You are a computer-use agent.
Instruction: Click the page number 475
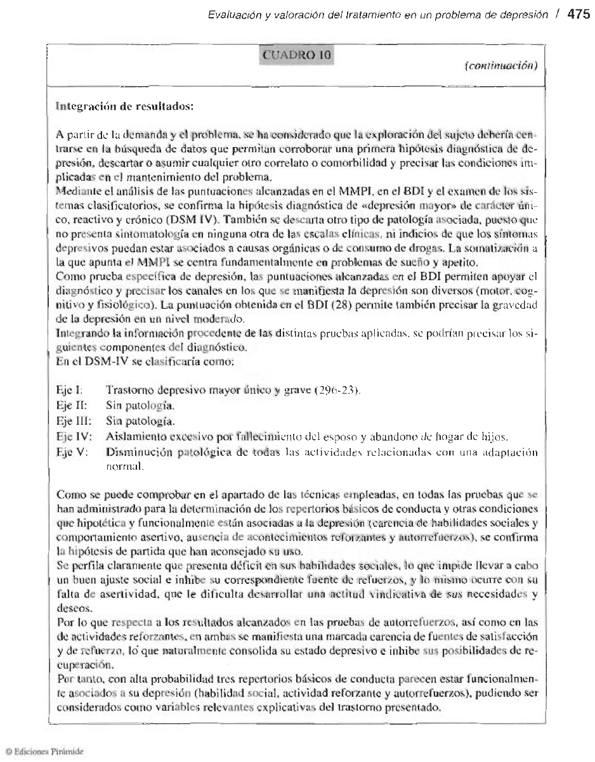point(578,15)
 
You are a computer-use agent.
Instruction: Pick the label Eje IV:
point(70,437)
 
